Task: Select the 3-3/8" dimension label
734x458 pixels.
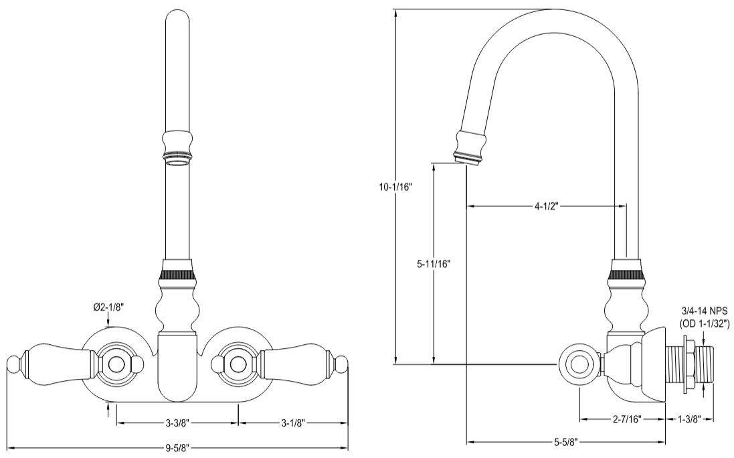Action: [x=177, y=423]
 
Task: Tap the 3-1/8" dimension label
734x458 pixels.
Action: [x=293, y=423]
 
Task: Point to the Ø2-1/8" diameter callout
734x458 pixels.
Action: [x=109, y=307]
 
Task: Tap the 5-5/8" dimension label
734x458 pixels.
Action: [x=566, y=442]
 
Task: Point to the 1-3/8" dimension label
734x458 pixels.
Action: [x=689, y=419]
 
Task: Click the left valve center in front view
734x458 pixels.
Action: [x=118, y=364]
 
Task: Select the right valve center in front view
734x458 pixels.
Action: [x=236, y=364]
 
